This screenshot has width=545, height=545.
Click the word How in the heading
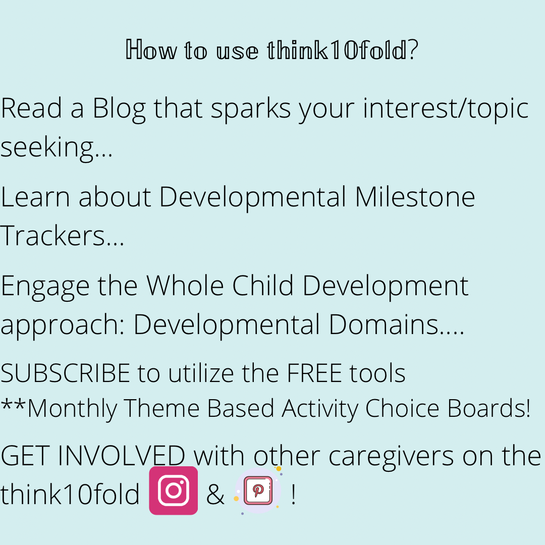coord(151,49)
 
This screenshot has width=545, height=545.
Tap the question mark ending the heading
coord(413,49)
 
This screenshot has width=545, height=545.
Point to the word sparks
coord(251,109)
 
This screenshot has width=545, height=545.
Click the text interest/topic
coord(446,109)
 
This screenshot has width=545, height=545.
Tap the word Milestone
coord(415,197)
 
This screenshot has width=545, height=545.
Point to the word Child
coord(263,285)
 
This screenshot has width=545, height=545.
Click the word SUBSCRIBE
coord(65,373)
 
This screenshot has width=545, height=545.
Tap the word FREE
coord(314,373)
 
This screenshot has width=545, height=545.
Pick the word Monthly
coord(72,409)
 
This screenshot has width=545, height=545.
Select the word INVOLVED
coord(121,456)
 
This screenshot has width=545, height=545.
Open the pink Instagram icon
coord(174,490)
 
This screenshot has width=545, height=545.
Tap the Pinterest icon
coord(258,490)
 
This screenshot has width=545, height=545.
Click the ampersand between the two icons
coord(215,494)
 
